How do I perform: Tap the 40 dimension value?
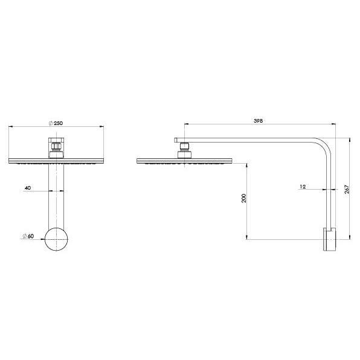28,188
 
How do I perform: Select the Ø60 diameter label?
27,236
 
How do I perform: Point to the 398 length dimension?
258,121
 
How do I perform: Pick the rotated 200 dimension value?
243,199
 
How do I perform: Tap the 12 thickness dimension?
303,187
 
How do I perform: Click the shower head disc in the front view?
56,161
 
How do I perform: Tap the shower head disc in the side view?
184,161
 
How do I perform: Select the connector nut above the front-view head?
56,146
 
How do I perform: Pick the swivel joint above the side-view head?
184,147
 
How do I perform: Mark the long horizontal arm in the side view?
254,141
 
